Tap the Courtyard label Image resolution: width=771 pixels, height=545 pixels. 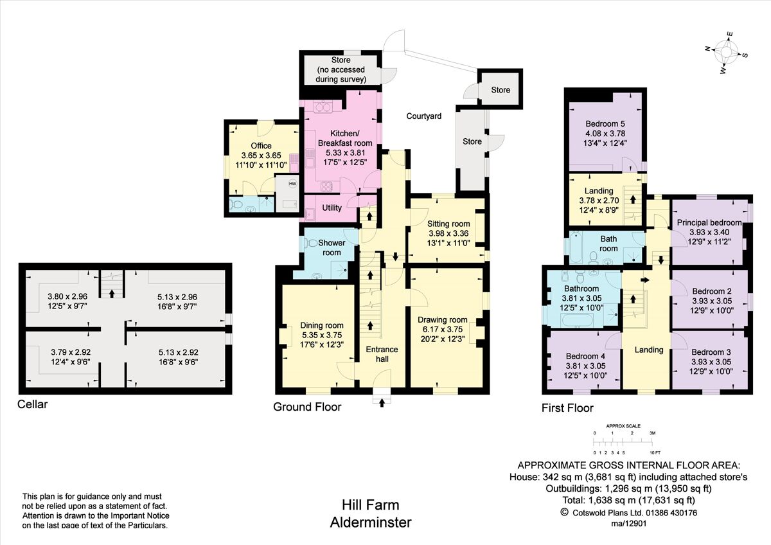point(423,116)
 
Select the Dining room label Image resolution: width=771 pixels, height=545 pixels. point(322,325)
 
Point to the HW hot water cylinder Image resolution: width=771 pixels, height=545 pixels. point(292,184)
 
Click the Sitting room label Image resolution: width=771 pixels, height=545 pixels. point(448,224)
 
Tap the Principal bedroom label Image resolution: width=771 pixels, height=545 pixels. point(709,222)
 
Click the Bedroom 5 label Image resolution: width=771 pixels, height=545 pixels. point(605,124)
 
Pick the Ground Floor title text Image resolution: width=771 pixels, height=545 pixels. point(307,407)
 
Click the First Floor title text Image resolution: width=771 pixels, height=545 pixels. point(567,408)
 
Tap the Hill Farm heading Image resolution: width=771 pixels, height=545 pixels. point(370,506)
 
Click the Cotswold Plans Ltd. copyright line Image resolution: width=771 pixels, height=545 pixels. point(629,512)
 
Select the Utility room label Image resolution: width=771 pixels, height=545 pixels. point(332,208)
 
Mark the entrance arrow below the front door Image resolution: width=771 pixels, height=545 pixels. point(382,403)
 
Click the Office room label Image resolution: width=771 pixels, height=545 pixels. point(261,146)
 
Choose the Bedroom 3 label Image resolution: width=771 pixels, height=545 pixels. point(711,352)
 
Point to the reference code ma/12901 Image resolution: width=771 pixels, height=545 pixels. point(629,523)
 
